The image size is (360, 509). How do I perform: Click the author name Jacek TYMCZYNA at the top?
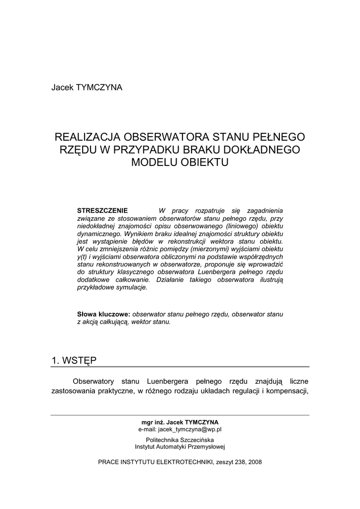(87, 87)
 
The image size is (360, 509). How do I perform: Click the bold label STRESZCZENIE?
(102, 211)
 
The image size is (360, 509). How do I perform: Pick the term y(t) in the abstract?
(82, 257)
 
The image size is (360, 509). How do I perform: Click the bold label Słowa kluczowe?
(103, 314)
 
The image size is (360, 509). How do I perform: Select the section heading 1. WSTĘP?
(74, 360)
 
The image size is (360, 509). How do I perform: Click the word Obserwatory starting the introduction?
(93, 381)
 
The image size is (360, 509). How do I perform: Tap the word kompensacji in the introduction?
(287, 391)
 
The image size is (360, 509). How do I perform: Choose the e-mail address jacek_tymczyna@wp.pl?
(180, 429)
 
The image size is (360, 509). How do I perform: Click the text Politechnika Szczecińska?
(180, 440)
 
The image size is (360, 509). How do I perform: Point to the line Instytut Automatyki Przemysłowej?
(180, 447)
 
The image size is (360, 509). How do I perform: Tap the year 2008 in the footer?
(254, 462)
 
